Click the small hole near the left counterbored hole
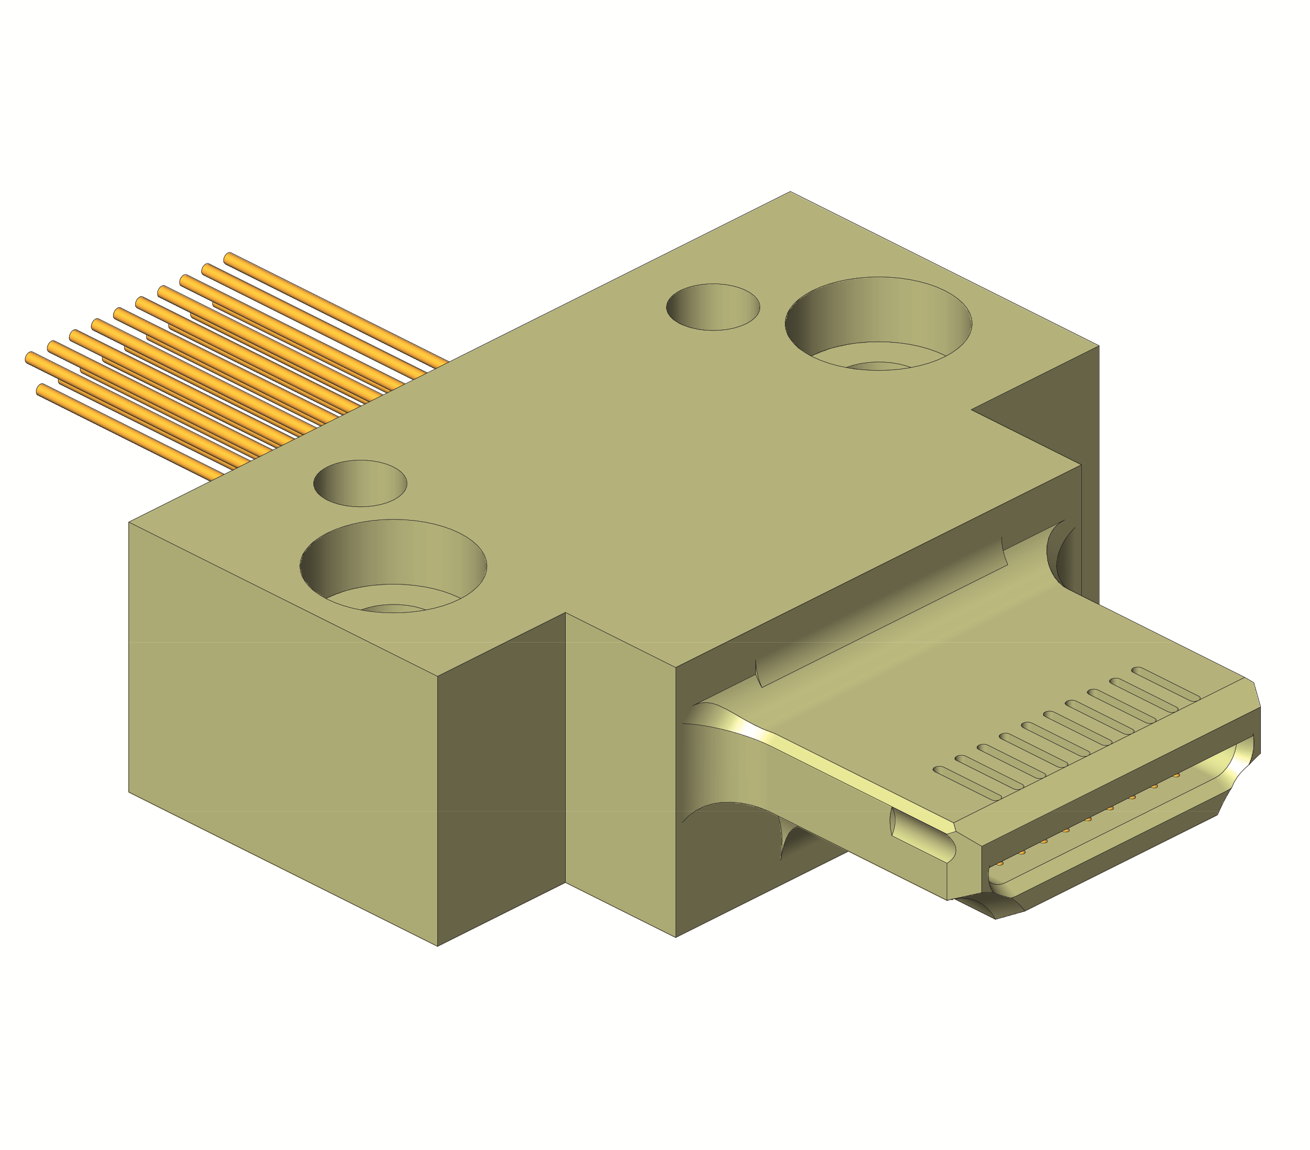point(360,483)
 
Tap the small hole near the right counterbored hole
point(713,307)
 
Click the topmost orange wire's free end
point(228,258)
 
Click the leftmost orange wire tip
point(29,357)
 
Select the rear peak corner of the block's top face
point(790,192)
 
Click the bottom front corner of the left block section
point(437,946)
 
